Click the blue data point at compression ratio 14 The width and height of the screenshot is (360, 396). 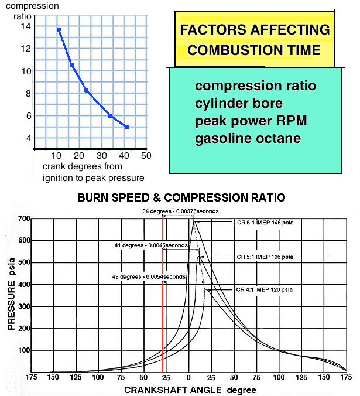(59, 29)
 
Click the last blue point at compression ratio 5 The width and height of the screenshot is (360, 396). (127, 127)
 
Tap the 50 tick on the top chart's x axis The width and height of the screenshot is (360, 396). (146, 156)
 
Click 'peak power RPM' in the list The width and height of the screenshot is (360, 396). (251, 121)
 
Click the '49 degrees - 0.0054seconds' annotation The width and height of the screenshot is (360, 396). (149, 276)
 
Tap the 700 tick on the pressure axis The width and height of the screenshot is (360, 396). (23, 219)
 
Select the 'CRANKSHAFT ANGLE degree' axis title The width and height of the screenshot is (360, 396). (182, 390)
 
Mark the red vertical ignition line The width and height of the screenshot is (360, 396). (162, 293)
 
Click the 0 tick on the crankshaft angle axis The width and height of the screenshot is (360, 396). (188, 377)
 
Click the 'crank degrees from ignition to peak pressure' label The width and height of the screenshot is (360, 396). (93, 172)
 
